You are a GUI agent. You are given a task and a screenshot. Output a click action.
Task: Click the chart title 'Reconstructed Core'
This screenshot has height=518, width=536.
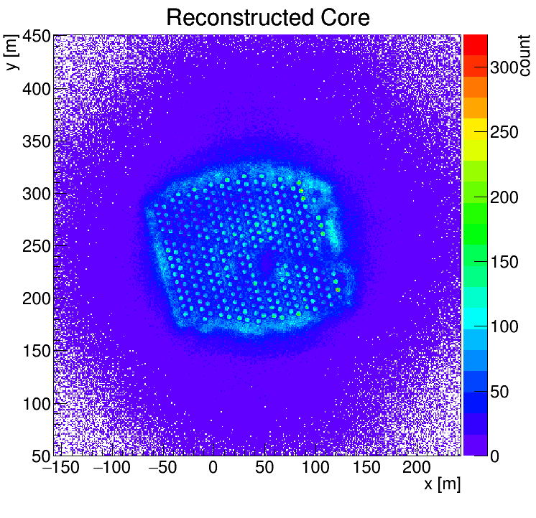click(x=267, y=17)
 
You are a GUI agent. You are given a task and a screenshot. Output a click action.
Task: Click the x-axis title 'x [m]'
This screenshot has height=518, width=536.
click(x=441, y=484)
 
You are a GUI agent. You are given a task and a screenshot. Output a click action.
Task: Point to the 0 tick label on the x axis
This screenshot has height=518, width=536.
click(x=213, y=468)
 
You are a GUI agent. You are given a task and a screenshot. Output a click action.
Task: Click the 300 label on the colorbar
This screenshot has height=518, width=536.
click(x=505, y=67)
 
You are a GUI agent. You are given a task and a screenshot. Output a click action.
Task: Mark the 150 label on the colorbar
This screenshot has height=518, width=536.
click(x=505, y=262)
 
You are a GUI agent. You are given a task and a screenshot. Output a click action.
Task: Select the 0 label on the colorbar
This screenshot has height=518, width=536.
click(x=495, y=456)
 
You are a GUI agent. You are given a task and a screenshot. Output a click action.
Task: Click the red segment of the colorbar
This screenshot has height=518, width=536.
click(x=476, y=44)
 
